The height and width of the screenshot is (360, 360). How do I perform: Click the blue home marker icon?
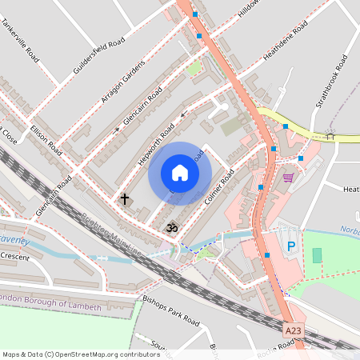[x=180, y=173]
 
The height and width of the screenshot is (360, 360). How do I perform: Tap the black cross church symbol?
[x=125, y=197]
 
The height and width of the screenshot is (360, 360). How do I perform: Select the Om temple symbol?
[x=170, y=229]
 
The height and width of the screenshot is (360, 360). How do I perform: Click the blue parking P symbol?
[x=292, y=246]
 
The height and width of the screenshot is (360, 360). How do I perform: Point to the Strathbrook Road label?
[x=330, y=80]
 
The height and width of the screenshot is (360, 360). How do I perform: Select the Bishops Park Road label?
[x=170, y=312]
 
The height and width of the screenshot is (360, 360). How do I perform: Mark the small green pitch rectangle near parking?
[x=317, y=255]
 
